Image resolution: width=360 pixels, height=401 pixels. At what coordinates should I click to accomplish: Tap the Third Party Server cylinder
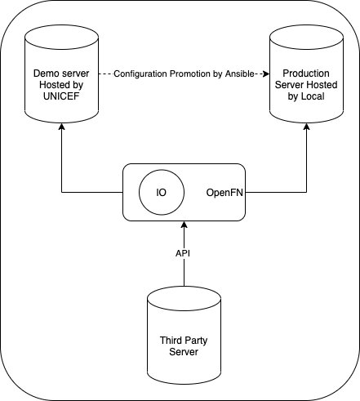point(184,336)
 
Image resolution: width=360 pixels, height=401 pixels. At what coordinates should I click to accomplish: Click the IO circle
point(162,192)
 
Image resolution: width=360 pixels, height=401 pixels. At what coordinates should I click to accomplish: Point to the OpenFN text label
point(224,193)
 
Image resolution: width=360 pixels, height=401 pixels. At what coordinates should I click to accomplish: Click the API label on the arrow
point(183,253)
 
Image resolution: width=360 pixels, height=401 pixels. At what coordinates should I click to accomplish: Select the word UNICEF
point(61,96)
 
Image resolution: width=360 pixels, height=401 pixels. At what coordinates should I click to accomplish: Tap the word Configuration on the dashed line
point(140,74)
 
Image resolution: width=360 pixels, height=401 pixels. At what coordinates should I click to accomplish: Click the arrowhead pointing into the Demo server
point(62,127)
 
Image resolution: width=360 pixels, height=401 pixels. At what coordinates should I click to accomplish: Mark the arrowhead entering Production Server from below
point(307,127)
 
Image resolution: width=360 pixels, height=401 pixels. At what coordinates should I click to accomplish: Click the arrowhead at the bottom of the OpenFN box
point(184,225)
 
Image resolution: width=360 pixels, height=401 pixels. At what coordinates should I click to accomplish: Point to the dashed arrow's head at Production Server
point(266,74)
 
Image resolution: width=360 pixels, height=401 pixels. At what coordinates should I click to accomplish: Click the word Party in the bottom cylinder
point(196,341)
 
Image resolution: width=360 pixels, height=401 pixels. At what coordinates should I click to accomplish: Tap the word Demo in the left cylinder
point(45,74)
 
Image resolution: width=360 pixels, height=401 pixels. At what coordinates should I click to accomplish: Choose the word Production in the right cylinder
point(306,74)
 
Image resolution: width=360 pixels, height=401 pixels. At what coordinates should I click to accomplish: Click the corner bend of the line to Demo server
point(62,193)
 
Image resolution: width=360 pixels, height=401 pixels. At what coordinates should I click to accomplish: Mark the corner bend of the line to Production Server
point(307,193)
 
